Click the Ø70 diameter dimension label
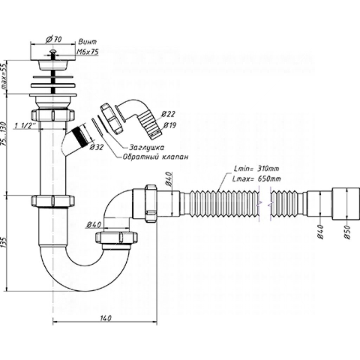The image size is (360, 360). click(x=54, y=39)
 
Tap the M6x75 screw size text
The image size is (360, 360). click(x=87, y=52)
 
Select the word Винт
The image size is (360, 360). click(x=88, y=42)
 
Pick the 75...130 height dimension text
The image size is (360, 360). click(x=4, y=134)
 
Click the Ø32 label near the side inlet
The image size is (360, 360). click(x=96, y=147)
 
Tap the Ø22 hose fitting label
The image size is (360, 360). click(x=168, y=114)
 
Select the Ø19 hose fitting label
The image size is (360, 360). click(x=170, y=125)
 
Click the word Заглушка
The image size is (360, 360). click(x=147, y=147)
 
